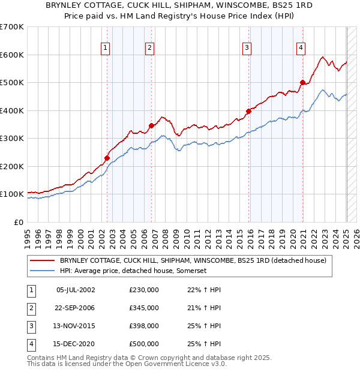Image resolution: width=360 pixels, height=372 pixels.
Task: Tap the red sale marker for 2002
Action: tap(107, 158)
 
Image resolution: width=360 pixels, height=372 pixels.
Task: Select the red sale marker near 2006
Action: tap(152, 126)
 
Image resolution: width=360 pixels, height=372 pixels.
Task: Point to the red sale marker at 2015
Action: tap(248, 111)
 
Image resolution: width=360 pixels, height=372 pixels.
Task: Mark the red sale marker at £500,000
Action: tap(303, 83)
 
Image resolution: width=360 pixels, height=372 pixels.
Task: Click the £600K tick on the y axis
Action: tap(12, 55)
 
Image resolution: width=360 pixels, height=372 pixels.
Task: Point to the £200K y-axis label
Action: tap(12, 166)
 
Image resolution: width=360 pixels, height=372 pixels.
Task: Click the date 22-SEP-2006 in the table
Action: tap(74, 308)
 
